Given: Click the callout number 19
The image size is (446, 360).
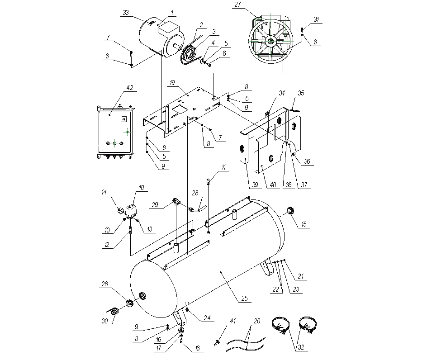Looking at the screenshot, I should pos(172,83).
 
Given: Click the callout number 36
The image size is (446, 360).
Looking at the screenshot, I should pos(307,161).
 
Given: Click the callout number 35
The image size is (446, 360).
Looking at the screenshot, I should pos(302,94).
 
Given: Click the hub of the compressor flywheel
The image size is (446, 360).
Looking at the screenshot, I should pos(270,42).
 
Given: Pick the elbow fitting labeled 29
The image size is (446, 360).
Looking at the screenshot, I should pos(175,200).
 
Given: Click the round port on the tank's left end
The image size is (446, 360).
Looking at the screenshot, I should pos(143,296).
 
